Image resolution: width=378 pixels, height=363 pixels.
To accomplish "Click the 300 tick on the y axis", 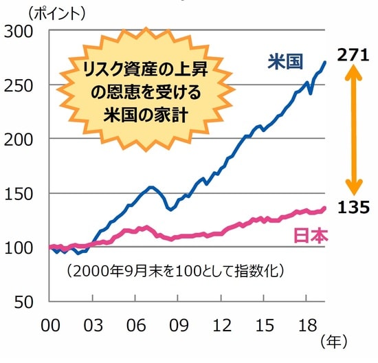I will point(24,30).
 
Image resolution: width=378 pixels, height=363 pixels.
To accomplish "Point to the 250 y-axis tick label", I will point(24,85).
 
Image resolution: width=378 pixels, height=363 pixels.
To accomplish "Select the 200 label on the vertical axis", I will point(24,139).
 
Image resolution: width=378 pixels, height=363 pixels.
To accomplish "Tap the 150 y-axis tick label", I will point(24,193).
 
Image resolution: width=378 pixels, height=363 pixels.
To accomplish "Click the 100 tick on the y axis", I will point(24,247).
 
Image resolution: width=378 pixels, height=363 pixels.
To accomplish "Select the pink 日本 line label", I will point(311,235).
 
